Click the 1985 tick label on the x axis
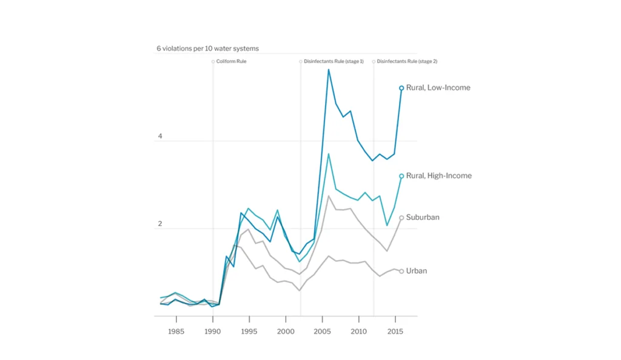click(x=176, y=332)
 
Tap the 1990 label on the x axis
click(x=213, y=332)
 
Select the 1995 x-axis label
click(x=249, y=332)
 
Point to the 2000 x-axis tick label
click(x=286, y=332)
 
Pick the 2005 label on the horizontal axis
click(x=322, y=332)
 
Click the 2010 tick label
click(x=359, y=332)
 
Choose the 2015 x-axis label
click(x=395, y=332)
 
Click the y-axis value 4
click(x=160, y=136)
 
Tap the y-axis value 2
click(x=160, y=224)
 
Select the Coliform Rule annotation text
click(x=231, y=62)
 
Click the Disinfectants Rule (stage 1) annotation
click(x=333, y=62)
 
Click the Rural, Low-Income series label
click(x=438, y=88)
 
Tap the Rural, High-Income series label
click(x=438, y=176)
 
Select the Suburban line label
click(x=423, y=217)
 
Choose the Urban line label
click(x=417, y=271)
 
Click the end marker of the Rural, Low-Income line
click(x=401, y=88)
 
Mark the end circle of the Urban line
click(x=401, y=271)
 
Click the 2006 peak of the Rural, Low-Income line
click(x=329, y=69)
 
